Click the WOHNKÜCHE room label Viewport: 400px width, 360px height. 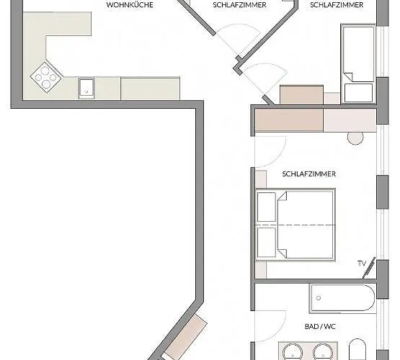(x=129, y=5)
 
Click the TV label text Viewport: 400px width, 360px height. (x=361, y=264)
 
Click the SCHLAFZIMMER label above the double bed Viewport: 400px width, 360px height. (x=310, y=174)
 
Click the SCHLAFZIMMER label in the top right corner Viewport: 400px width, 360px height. (x=337, y=5)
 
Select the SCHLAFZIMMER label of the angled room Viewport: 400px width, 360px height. (x=240, y=5)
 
